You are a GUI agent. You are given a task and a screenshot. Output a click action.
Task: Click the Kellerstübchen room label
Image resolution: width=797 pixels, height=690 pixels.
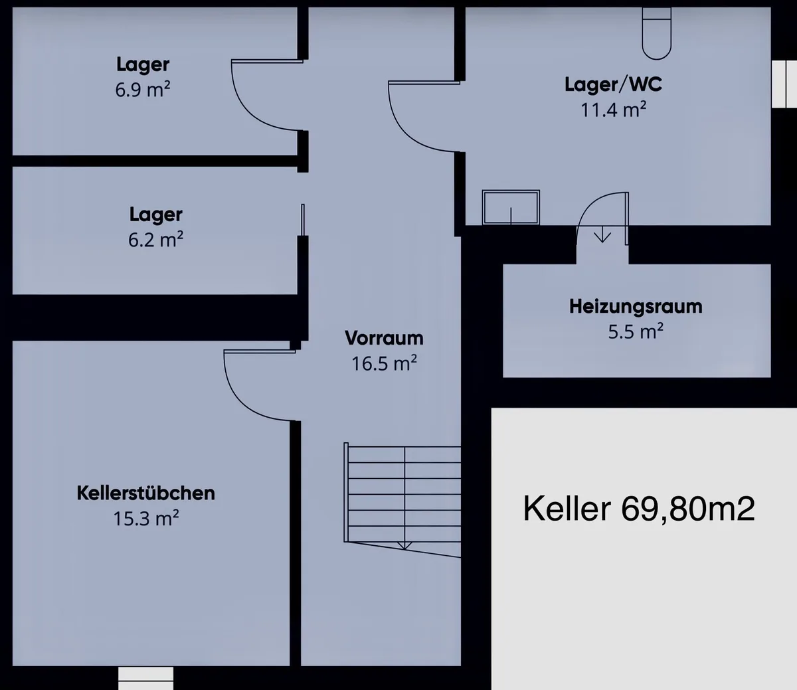[x=145, y=493]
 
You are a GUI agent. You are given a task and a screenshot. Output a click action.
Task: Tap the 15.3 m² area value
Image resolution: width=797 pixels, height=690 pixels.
[x=145, y=519]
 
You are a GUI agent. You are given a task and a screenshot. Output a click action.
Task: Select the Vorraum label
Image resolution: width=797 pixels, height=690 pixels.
[x=384, y=338]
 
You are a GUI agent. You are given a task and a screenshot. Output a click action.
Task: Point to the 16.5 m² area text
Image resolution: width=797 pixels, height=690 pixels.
[x=384, y=363]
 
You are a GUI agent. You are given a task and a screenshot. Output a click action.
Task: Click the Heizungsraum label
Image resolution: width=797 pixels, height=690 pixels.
[x=636, y=306]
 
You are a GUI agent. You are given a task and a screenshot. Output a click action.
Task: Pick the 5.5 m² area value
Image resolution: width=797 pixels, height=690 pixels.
[x=636, y=331]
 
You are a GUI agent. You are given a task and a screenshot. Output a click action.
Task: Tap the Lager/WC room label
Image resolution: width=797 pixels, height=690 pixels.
[x=614, y=84]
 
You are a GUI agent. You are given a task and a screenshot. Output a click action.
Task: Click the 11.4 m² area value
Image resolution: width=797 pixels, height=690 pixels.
[x=614, y=110]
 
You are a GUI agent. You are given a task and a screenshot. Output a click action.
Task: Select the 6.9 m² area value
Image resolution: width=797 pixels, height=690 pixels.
[x=143, y=90]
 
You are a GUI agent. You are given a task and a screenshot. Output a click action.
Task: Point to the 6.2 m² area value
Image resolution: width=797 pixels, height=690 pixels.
[x=155, y=240]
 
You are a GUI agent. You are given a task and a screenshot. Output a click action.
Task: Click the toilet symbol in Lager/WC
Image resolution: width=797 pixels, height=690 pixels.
[x=657, y=33]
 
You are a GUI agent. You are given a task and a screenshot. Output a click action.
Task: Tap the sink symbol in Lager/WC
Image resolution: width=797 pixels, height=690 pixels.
[x=511, y=207]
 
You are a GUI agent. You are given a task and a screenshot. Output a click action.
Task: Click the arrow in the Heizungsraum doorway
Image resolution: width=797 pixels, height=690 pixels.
[x=602, y=234]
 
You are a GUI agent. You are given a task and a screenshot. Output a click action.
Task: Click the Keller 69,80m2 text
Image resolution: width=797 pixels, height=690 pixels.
[x=639, y=509]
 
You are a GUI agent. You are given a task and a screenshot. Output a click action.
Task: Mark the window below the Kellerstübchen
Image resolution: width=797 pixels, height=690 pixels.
[x=145, y=677]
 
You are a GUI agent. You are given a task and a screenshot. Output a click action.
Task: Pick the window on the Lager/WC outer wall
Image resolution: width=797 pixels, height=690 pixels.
[x=784, y=84]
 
